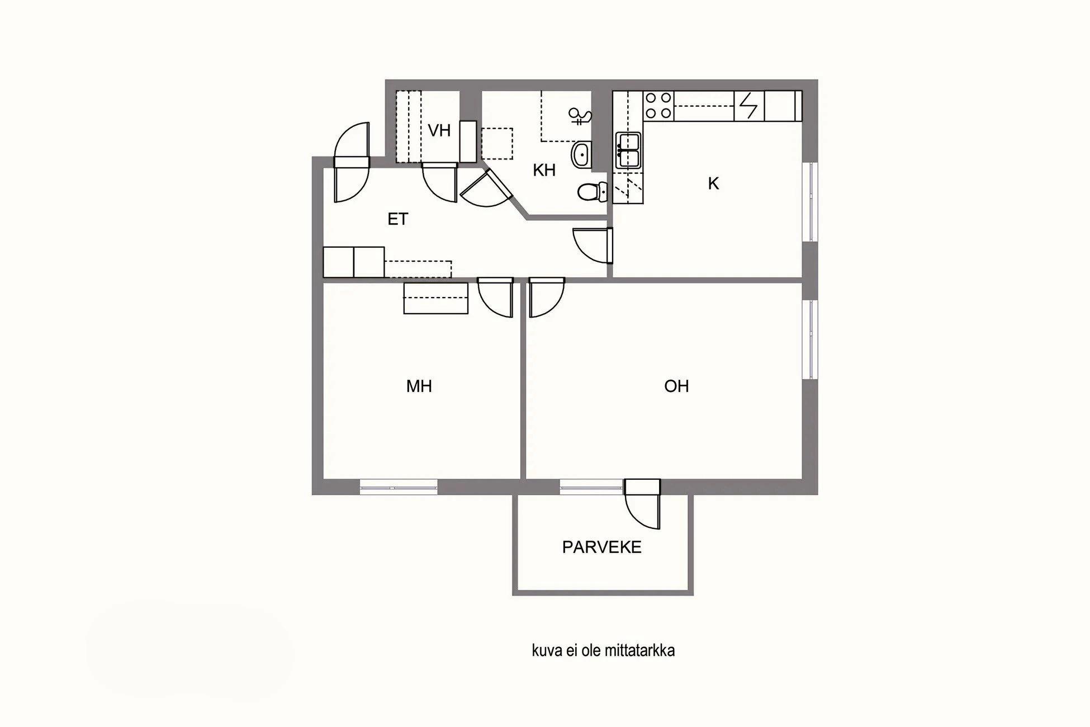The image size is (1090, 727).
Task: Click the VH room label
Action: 439,131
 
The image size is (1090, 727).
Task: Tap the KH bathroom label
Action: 544,170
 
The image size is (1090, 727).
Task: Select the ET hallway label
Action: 397,219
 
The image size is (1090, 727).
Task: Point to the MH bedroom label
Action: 419,386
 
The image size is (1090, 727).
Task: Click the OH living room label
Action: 676,386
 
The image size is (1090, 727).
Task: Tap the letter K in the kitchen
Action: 713,183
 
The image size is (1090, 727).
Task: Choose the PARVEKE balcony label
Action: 601,547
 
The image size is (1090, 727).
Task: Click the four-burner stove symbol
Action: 658,106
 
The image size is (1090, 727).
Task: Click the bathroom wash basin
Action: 581,154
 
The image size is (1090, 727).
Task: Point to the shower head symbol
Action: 580,116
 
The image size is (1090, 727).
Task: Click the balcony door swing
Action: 643,506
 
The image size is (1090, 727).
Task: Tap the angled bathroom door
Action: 485,188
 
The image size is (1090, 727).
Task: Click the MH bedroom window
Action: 398,487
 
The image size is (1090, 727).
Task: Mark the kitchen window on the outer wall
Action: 809,202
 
